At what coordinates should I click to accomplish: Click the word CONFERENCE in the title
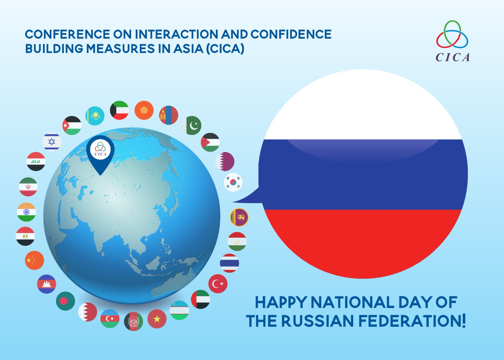pos(67,34)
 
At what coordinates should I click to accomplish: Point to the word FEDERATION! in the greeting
pos(412,321)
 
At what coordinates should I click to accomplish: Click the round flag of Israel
pos(52,142)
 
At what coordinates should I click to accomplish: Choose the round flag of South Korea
pos(233,182)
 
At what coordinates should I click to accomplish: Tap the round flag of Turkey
pos(218,284)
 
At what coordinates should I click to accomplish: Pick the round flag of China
pos(34,260)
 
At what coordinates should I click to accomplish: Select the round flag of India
pos(26,212)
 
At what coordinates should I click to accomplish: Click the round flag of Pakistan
pos(192,125)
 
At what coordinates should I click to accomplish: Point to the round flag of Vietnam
pos(157,319)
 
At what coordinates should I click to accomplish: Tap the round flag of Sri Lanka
pos(239,217)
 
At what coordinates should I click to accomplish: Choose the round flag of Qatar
pos(225,161)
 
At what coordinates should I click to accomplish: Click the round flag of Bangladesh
pos(66,301)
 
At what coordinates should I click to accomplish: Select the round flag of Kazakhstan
pos(95,116)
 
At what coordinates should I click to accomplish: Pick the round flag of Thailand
pos(229,263)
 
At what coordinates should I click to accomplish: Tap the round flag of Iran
pos(28,187)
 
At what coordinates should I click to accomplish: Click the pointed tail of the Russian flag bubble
pos(233,202)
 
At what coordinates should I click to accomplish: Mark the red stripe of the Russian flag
pos(363,241)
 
